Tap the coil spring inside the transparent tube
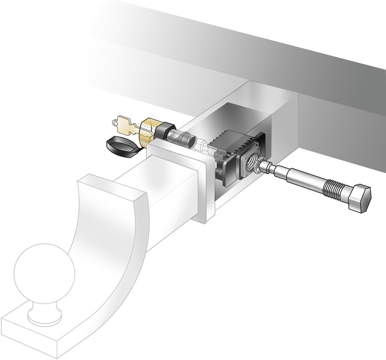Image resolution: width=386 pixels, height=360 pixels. [185, 140]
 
